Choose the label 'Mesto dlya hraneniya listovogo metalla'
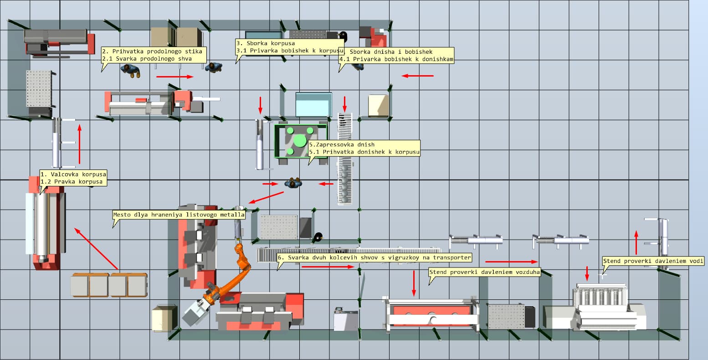coord(179,214)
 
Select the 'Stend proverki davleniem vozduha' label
coord(484,272)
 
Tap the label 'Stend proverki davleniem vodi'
coord(653,261)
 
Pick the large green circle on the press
coord(300,140)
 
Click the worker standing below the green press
coord(293,183)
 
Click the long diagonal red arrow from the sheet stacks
coord(97,249)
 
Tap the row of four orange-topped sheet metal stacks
coord(108,284)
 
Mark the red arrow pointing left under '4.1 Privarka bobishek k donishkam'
coord(417,76)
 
